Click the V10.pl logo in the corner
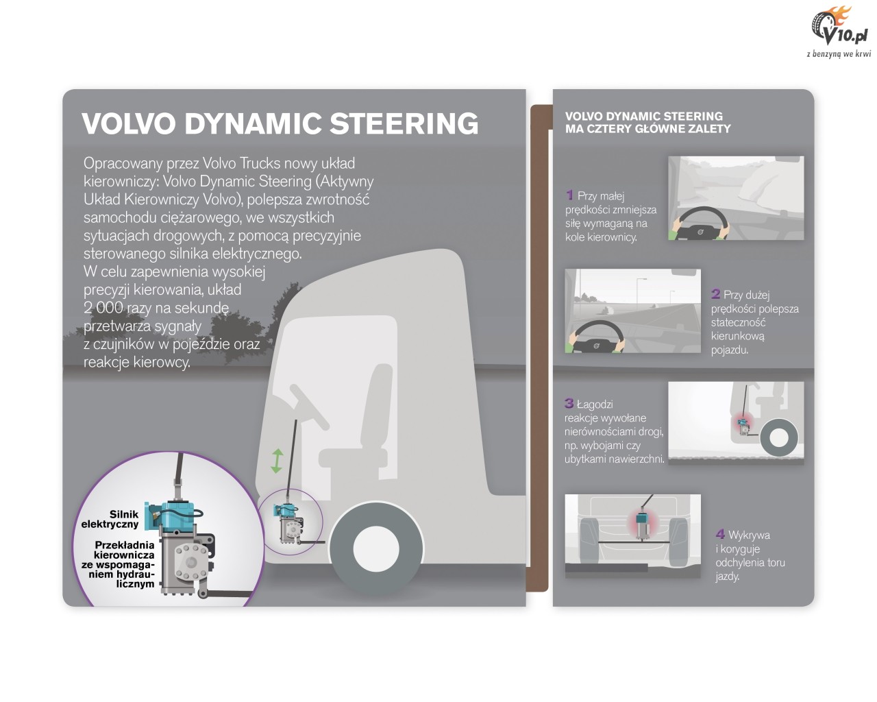click(839, 32)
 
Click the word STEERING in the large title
click(404, 123)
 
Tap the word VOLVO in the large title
click(129, 123)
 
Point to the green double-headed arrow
click(277, 461)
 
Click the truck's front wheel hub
click(375, 548)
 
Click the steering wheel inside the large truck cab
click(310, 407)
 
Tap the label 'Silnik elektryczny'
click(110, 519)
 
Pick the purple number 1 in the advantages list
click(570, 195)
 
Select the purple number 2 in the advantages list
click(715, 293)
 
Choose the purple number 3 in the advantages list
click(569, 403)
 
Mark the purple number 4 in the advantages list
click(721, 534)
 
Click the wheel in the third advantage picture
click(779, 439)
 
